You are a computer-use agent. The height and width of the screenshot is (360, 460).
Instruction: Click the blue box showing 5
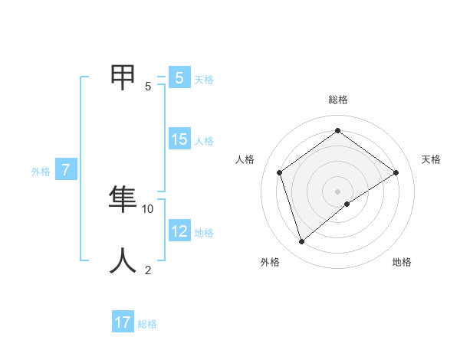(x=179, y=77)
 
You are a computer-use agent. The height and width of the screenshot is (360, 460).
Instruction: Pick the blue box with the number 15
(x=179, y=139)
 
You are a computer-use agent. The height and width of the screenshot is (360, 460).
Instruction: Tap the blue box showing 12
(x=179, y=231)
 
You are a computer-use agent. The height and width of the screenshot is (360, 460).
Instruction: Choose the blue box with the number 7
(x=66, y=170)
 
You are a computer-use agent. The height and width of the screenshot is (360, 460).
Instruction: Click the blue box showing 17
(x=123, y=322)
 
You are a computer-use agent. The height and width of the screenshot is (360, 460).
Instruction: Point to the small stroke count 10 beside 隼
(x=148, y=208)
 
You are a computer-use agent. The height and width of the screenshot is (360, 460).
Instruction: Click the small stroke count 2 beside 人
(x=148, y=270)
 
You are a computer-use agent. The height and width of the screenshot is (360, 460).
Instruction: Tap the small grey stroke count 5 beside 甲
(x=148, y=86)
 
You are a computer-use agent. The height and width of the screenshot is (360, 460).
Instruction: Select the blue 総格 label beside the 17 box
(x=147, y=324)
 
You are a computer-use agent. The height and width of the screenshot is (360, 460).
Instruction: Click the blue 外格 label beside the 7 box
(x=41, y=172)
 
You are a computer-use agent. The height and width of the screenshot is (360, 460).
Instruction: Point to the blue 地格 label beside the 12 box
(x=204, y=233)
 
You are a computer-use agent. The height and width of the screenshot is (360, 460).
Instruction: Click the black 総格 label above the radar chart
(x=338, y=100)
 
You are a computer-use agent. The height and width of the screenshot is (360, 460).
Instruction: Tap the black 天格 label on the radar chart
(x=432, y=159)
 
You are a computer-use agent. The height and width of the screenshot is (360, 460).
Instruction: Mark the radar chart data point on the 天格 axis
(x=396, y=172)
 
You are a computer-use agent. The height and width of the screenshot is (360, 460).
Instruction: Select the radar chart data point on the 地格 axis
(x=347, y=204)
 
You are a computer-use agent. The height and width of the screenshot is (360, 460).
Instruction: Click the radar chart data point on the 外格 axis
(x=302, y=242)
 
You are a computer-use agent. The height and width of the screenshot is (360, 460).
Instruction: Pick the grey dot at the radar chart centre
(x=338, y=191)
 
